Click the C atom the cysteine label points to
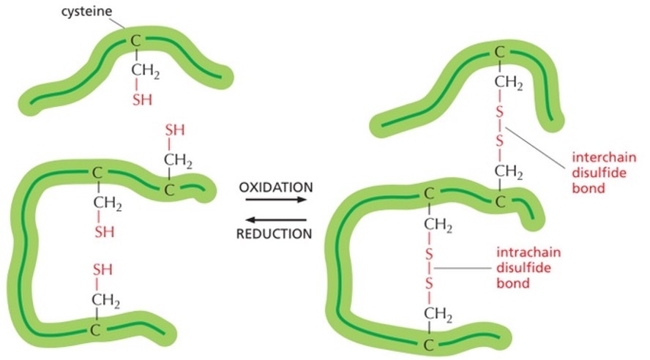point(135,40)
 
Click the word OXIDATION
point(275,187)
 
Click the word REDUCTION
point(275,234)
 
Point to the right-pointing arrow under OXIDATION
point(275,200)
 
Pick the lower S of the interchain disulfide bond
point(499,140)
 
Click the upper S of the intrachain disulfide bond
point(430,252)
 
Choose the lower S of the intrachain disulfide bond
point(430,282)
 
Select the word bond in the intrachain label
point(513,282)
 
